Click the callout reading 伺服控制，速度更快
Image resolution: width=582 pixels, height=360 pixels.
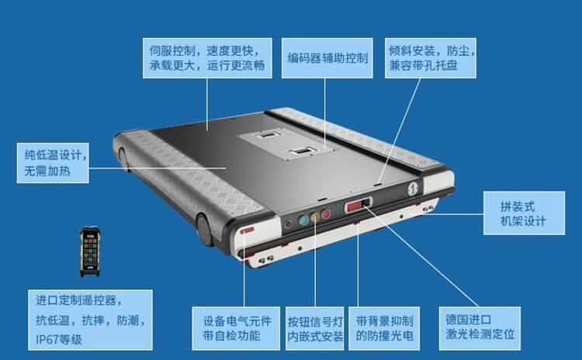[x=207, y=58]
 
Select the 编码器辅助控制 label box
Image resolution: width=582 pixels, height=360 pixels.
[x=327, y=58]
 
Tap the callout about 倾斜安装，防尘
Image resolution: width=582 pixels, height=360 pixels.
[x=430, y=58]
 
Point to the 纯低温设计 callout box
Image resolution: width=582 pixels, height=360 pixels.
[x=53, y=163]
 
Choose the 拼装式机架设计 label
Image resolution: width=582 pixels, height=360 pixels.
[x=524, y=213]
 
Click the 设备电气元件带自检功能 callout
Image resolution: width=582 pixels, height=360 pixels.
[x=236, y=328]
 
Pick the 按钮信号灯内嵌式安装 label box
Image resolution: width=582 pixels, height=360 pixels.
[x=315, y=328]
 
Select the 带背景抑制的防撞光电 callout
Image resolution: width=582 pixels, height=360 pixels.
[x=384, y=328]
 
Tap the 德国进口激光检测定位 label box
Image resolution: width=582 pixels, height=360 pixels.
[x=480, y=328]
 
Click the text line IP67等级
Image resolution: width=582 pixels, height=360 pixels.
[x=59, y=339]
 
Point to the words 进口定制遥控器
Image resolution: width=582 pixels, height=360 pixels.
[x=77, y=300]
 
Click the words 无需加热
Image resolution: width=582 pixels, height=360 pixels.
[x=47, y=171]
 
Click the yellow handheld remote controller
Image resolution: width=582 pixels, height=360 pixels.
[x=90, y=251]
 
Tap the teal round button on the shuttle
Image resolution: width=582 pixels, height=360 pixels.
[x=303, y=220]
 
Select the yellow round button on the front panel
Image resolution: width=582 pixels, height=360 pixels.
[x=315, y=217]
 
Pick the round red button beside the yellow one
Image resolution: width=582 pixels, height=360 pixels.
[x=326, y=214]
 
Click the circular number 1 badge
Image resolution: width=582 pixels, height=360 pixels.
[x=413, y=189]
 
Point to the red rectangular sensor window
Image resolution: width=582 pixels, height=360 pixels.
[x=355, y=206]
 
